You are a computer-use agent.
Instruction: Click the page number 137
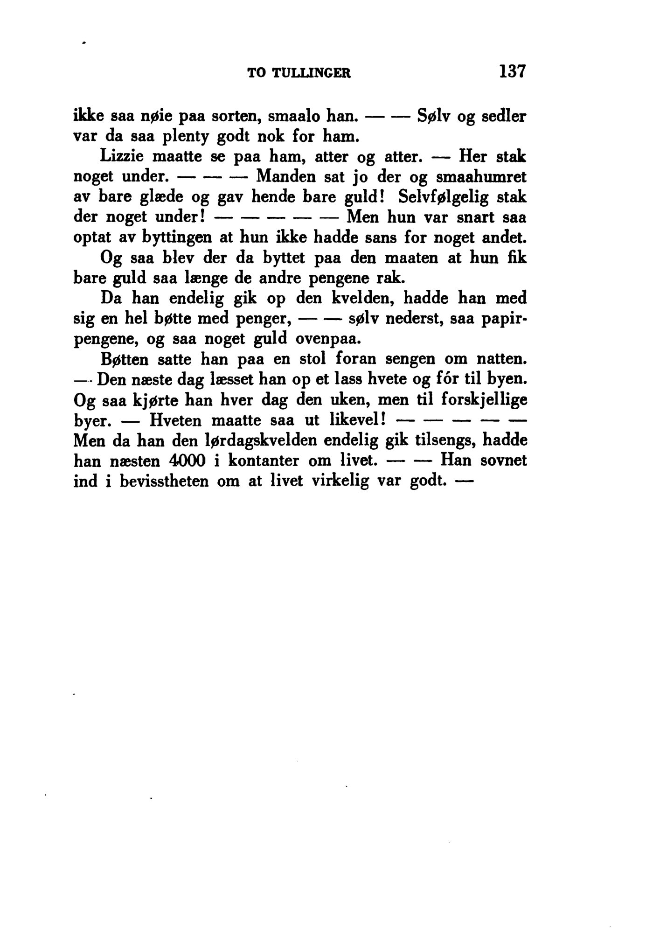513,71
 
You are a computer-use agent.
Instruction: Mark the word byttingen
168,238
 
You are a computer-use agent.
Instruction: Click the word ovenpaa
328,339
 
